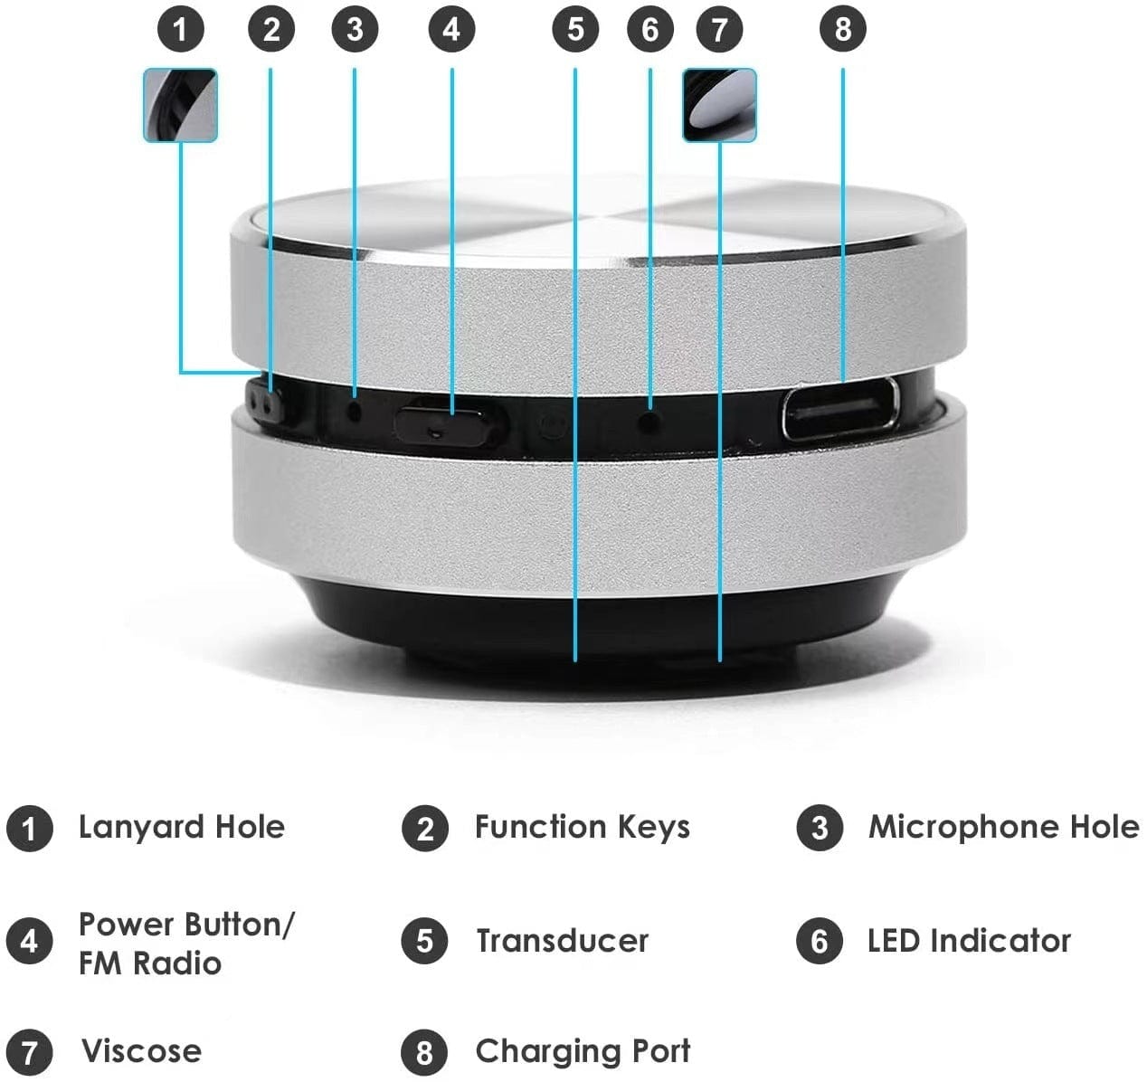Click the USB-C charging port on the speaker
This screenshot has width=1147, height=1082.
click(x=840, y=410)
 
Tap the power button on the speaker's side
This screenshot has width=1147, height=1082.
click(x=449, y=422)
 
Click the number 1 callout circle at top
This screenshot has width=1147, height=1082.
click(x=181, y=30)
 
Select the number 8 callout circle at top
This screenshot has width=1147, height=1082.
click(x=842, y=30)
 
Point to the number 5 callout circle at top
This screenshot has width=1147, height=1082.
click(x=575, y=30)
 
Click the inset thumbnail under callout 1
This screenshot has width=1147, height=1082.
click(x=181, y=106)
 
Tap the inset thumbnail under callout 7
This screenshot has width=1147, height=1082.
click(x=719, y=106)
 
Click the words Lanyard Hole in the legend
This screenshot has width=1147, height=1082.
click(x=181, y=827)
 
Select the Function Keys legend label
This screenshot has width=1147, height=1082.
click(x=582, y=827)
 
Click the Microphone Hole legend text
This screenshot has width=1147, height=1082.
click(x=1003, y=827)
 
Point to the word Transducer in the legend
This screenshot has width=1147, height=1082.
click(x=562, y=941)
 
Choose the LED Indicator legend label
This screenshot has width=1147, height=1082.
click(x=968, y=941)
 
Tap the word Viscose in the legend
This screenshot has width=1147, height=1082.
click(x=141, y=1051)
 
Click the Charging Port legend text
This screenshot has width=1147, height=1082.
click(x=582, y=1051)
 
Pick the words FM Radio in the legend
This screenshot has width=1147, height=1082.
click(x=149, y=963)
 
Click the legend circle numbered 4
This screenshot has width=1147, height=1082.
click(x=29, y=942)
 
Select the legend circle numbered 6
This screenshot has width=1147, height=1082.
click(x=820, y=942)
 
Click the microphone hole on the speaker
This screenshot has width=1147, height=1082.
click(x=355, y=409)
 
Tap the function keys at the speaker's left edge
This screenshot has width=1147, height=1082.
click(x=263, y=400)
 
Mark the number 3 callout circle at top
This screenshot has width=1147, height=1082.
click(x=355, y=30)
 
